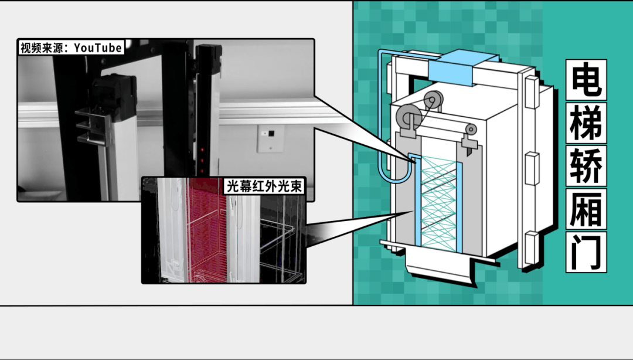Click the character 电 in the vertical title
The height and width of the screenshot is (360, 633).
586,80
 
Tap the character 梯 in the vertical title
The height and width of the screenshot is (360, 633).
586,123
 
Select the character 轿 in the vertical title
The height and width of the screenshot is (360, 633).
586,166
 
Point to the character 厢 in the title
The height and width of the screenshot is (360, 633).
586,209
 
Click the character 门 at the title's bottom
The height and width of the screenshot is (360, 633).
586,252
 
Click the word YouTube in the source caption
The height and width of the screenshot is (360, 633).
98,47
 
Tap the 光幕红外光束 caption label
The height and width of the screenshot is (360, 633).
264,186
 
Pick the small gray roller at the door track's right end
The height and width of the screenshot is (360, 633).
470,130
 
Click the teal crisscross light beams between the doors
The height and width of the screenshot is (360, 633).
438,204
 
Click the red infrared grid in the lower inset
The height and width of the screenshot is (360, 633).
206,230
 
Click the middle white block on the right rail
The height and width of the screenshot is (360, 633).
532,168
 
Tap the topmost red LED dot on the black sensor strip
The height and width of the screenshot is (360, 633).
202,150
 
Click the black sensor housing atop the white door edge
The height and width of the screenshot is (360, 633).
114,97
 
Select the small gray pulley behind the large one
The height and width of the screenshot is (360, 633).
433,100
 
